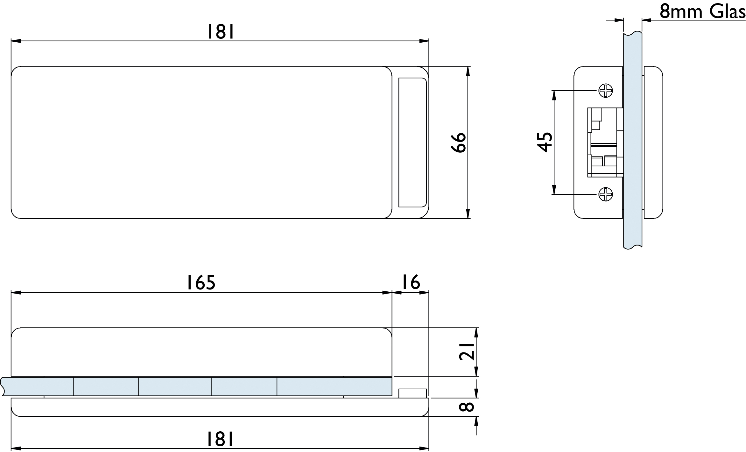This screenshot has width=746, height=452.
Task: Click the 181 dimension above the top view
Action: tap(221, 32)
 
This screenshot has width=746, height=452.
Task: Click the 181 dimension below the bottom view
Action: tap(221, 439)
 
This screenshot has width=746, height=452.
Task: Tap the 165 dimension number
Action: tap(201, 282)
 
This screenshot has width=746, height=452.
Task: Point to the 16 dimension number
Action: tap(411, 282)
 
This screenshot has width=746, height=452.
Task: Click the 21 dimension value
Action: tap(467, 351)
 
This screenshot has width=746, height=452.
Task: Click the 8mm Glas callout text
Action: tap(702, 11)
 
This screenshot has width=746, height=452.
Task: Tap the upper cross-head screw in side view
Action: tap(605, 91)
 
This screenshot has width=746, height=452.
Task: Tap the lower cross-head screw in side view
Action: tap(605, 194)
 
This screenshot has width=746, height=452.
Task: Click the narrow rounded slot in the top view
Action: tap(412, 142)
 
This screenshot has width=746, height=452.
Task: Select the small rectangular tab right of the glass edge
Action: tap(412, 393)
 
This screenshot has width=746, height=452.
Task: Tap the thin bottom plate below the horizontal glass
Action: tap(220, 407)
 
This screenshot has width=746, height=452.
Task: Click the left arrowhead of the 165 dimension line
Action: tap(16, 293)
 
